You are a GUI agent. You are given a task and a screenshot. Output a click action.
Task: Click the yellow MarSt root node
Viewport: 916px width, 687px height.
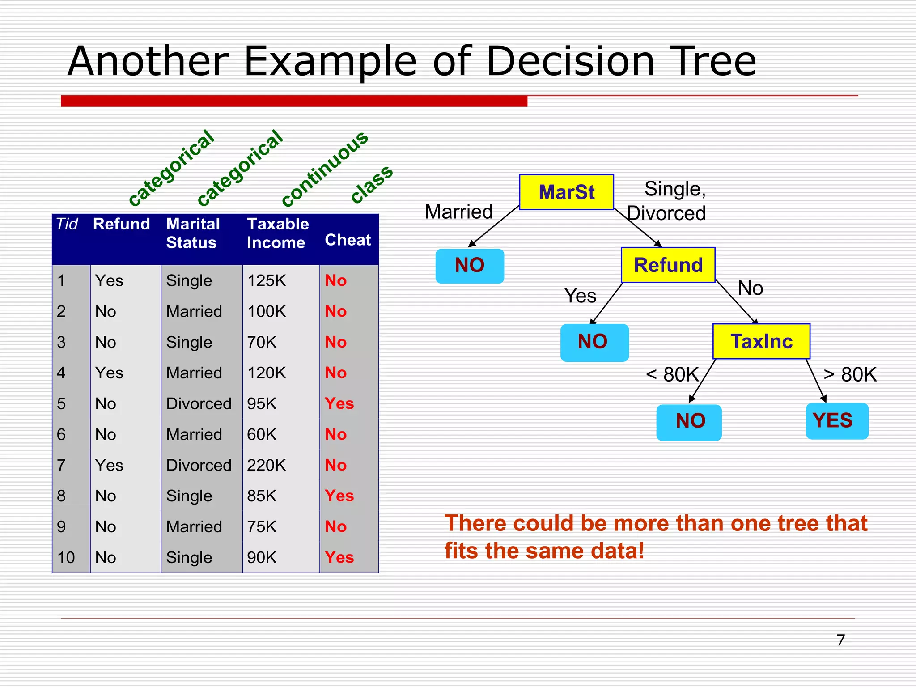(566, 192)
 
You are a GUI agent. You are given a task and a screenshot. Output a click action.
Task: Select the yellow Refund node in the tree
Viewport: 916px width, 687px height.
(668, 265)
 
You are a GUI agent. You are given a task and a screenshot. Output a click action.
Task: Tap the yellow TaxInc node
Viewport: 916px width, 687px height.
(761, 342)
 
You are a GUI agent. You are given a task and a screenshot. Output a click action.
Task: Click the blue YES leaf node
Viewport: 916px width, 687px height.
(836, 421)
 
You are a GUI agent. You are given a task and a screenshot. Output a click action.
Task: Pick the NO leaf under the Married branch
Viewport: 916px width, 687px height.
(470, 266)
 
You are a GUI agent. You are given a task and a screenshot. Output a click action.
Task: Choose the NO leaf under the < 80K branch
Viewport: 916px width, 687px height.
(689, 422)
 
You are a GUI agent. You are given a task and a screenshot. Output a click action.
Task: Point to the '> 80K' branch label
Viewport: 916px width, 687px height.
(850, 375)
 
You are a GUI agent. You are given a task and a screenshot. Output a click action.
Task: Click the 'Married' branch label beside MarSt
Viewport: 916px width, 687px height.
(459, 212)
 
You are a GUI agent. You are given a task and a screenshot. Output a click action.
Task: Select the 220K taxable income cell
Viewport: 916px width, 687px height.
(267, 466)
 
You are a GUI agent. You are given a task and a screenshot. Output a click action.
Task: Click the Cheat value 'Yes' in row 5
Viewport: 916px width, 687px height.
(339, 404)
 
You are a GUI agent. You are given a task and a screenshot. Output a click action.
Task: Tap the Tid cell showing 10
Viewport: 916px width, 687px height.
(66, 558)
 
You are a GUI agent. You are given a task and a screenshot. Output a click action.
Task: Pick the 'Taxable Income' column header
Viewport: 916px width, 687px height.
(277, 233)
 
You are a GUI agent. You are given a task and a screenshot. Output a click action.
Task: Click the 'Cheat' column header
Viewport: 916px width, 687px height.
(348, 240)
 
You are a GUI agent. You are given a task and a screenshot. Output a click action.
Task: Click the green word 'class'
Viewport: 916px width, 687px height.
(371, 184)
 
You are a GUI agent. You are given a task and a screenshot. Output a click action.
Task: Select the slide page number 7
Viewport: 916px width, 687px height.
(840, 640)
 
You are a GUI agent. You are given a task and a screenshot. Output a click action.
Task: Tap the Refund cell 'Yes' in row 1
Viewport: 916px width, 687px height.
(109, 281)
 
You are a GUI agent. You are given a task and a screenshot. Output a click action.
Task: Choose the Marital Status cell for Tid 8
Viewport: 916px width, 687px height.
(189, 496)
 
